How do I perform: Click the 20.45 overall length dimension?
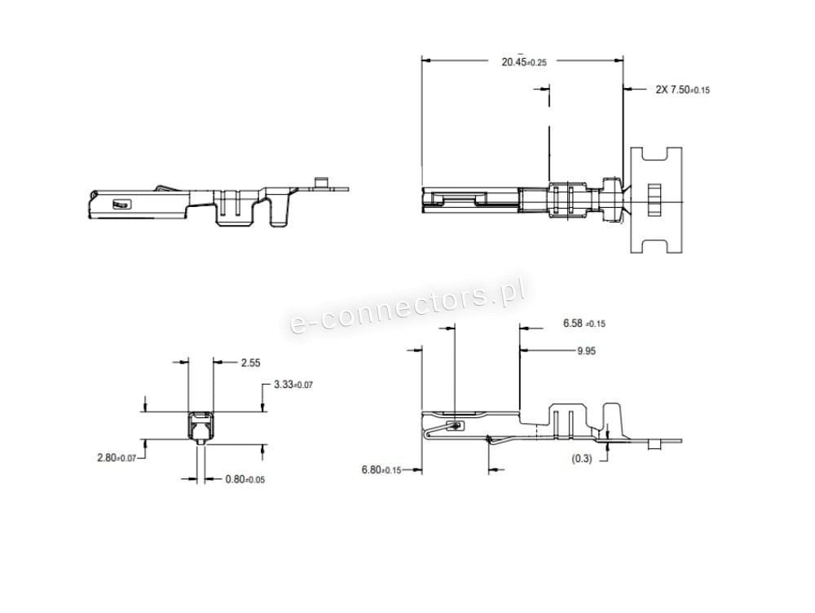tap(524, 63)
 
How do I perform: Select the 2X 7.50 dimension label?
tap(682, 90)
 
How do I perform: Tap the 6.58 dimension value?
tap(584, 324)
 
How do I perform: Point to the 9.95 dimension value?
tap(586, 351)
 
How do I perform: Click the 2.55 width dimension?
tap(250, 363)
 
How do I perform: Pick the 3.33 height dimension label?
tap(293, 385)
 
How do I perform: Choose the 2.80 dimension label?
tap(117, 457)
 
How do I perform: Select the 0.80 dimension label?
tap(244, 478)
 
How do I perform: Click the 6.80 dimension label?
tap(381, 470)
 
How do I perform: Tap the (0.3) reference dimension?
tap(582, 459)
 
